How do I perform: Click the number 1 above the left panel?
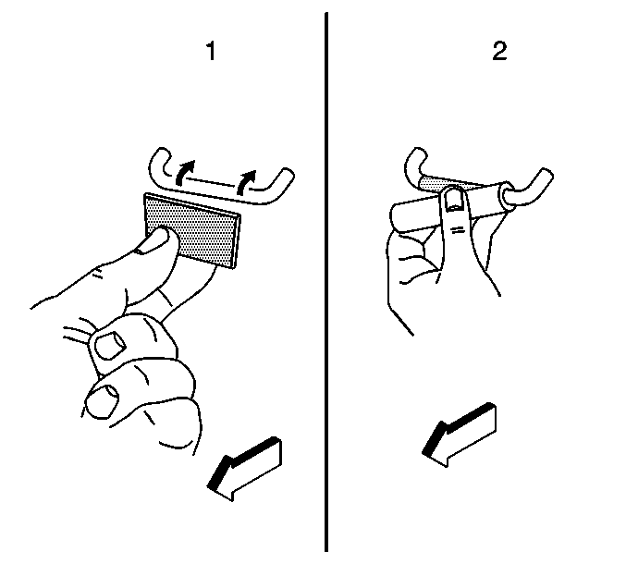[211, 51]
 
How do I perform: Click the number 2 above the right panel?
[499, 51]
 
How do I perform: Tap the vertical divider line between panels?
[326, 282]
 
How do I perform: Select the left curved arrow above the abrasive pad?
[184, 173]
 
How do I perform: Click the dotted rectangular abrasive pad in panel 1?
[192, 230]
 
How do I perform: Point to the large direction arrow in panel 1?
[244, 469]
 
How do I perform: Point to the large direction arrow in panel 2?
[460, 435]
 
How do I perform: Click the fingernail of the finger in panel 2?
[453, 200]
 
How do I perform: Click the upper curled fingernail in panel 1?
[108, 346]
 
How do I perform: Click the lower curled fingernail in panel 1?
[103, 400]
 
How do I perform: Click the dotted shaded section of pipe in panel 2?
[436, 184]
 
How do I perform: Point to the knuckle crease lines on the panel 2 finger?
[458, 229]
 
